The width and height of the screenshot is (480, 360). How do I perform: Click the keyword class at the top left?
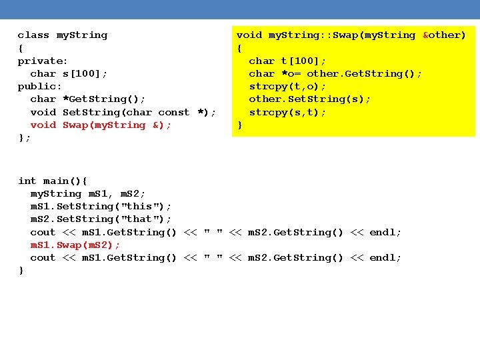click(34, 35)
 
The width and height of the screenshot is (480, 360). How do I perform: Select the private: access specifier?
click(43, 61)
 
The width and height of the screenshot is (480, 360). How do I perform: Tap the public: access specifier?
click(40, 87)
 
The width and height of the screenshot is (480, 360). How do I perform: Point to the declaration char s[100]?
click(69, 73)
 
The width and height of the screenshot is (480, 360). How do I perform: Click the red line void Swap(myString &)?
click(101, 125)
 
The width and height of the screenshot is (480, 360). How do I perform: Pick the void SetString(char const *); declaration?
click(123, 113)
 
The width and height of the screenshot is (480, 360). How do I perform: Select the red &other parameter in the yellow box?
click(444, 35)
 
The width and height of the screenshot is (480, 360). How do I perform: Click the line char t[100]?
click(287, 61)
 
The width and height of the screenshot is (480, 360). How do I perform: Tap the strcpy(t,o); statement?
click(287, 87)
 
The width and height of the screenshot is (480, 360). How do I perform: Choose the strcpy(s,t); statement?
click(287, 113)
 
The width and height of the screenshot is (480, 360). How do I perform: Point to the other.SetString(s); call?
click(310, 99)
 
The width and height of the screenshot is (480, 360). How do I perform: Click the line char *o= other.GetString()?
click(335, 73)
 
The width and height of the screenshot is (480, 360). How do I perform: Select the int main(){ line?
click(53, 181)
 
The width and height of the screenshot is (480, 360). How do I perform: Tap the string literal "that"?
click(139, 219)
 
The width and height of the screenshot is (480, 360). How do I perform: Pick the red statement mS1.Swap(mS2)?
click(75, 245)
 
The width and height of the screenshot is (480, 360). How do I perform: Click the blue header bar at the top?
click(240, 9)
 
